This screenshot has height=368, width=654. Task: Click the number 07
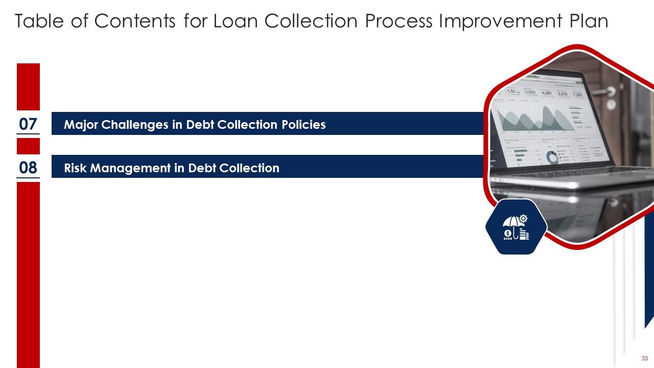(28, 124)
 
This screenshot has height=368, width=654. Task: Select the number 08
(28, 167)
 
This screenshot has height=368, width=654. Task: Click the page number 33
(644, 358)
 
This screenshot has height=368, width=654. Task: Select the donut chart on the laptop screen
(552, 157)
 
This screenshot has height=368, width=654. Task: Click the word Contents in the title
(129, 22)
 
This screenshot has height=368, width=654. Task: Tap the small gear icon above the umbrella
(524, 219)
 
